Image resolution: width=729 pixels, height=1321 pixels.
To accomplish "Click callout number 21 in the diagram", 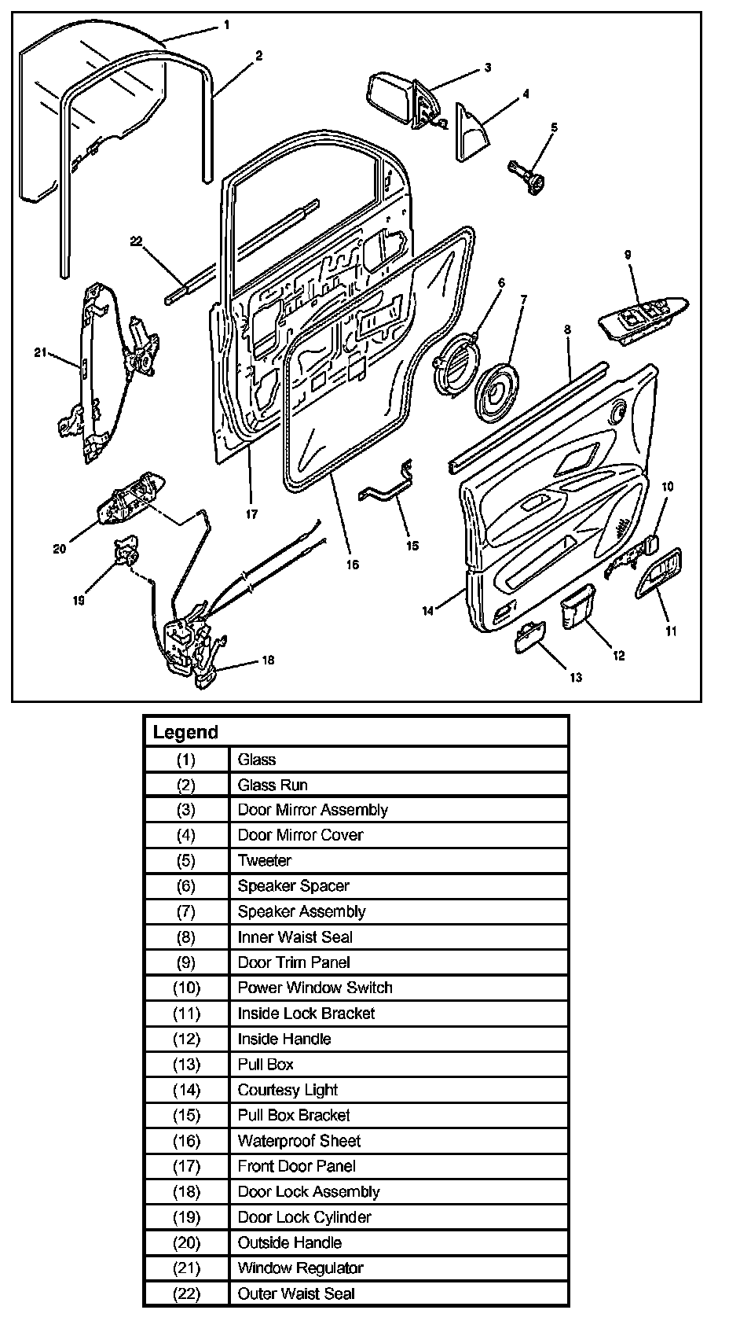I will (x=42, y=352).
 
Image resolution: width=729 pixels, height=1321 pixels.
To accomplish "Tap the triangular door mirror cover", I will (x=471, y=134).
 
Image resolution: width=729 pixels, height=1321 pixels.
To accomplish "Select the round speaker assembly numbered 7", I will (x=496, y=392).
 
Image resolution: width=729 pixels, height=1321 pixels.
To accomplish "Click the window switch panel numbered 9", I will (x=643, y=318).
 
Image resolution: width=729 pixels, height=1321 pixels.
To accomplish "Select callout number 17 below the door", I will (x=251, y=514).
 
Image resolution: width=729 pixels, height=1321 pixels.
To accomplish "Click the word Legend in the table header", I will (x=185, y=732).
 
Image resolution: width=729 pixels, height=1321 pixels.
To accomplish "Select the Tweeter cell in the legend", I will (x=265, y=860).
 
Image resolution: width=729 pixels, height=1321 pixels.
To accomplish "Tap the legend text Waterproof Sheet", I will (x=299, y=1140).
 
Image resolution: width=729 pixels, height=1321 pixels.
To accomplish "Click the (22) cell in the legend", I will (x=186, y=1293).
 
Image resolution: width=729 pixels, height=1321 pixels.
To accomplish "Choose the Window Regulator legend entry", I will (x=300, y=1268).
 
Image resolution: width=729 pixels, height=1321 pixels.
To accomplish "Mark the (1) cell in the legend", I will (x=186, y=760).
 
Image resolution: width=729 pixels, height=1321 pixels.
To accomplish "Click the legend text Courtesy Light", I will (x=288, y=1090).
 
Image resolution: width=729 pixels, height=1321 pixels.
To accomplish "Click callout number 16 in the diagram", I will (x=352, y=564).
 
